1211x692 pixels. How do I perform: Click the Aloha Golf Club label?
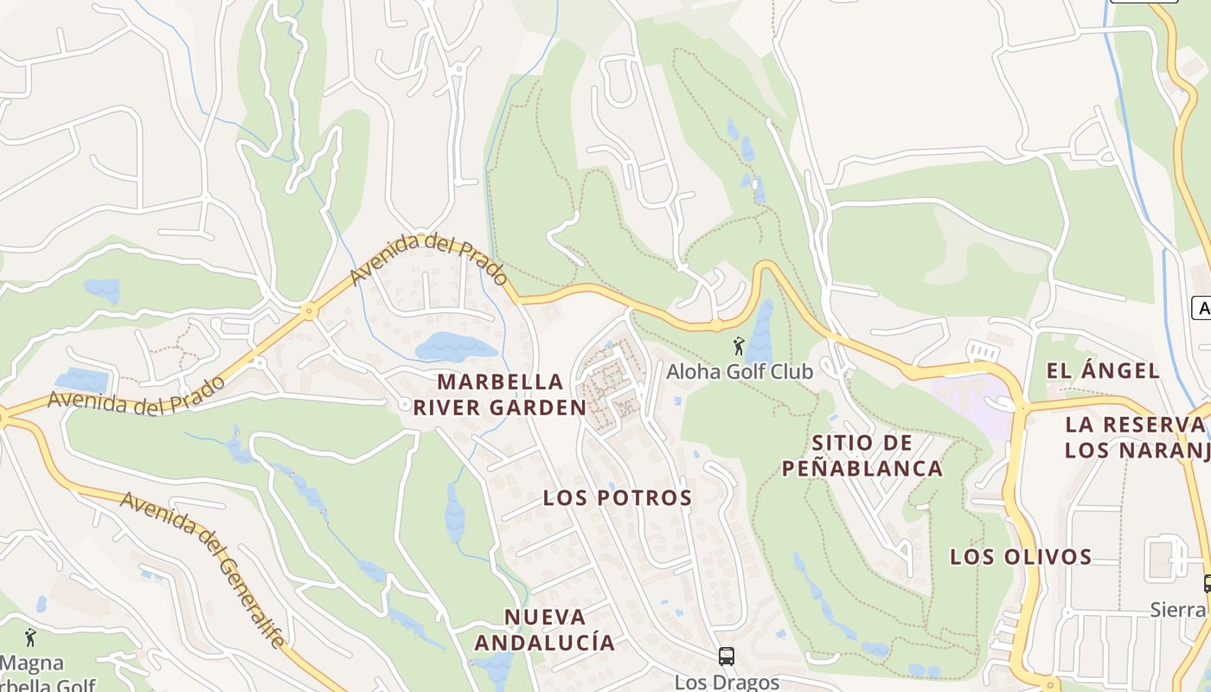point(740,372)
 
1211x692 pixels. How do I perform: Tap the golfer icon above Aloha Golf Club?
point(738,347)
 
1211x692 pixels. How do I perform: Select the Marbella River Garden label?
point(499,394)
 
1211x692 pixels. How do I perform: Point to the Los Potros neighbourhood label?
point(618,497)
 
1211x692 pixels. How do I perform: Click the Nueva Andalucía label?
point(544,630)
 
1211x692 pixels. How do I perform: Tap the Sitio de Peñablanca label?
point(862,456)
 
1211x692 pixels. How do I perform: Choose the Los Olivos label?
point(1021,556)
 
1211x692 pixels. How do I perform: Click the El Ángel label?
point(1102,371)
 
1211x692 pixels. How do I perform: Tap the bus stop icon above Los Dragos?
point(727,657)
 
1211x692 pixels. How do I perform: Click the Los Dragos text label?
point(727,682)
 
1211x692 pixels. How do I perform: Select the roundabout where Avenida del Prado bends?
point(308,311)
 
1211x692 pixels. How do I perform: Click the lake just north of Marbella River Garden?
point(455,347)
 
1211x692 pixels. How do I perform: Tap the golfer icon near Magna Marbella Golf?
point(31,638)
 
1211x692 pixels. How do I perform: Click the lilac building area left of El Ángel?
point(973,400)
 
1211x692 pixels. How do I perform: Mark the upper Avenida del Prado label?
point(428,258)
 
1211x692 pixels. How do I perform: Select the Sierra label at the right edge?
point(1178,610)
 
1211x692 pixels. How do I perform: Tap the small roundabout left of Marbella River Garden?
point(405,404)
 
